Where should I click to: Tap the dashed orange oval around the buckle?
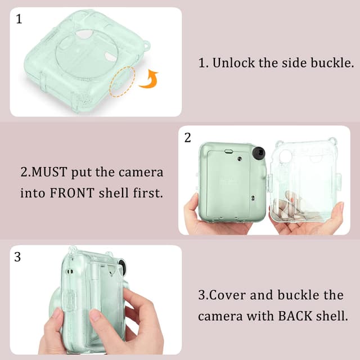123,81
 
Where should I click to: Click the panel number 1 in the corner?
19,20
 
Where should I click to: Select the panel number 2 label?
188,138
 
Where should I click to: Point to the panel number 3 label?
17,257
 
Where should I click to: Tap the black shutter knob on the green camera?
259,154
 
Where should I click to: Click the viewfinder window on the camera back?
229,151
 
